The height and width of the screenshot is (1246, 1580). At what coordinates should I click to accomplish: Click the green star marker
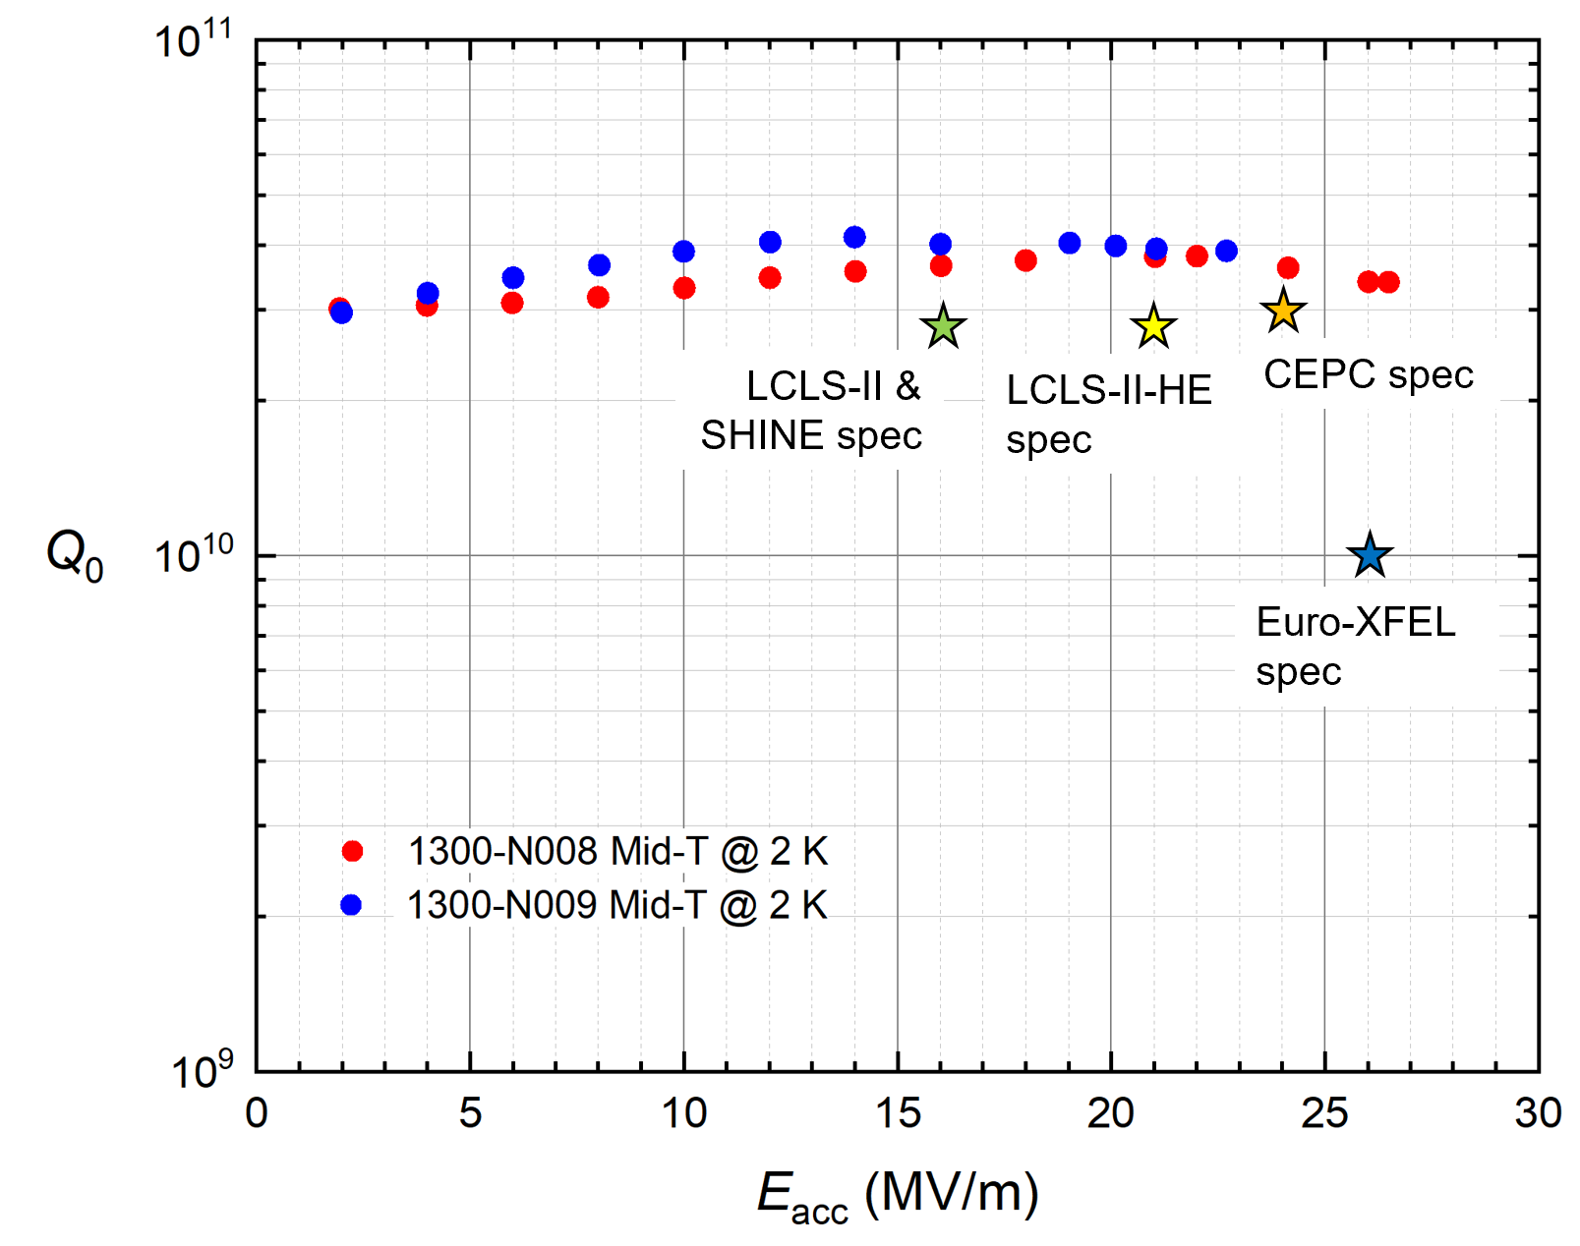point(943,326)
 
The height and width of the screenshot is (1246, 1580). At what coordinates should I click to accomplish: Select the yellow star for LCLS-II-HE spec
point(1152,326)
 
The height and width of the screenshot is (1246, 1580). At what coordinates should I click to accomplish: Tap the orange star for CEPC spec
point(1282,311)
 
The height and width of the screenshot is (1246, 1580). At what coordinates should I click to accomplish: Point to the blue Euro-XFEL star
point(1369,555)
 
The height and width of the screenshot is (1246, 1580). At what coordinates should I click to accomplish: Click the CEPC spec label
point(1368,374)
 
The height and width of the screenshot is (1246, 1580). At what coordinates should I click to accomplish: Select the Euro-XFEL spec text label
point(1355,647)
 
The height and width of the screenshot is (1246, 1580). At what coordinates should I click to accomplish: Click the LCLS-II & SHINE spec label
point(812,411)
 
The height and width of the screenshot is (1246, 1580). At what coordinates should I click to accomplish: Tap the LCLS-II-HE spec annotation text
point(1108,414)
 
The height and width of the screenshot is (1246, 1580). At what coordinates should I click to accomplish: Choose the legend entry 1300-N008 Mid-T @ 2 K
point(616,851)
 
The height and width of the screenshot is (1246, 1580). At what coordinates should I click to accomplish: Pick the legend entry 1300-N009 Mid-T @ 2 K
point(616,905)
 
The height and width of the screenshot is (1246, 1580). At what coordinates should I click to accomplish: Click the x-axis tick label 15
point(897,1113)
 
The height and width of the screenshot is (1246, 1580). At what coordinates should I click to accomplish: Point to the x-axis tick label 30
point(1538,1113)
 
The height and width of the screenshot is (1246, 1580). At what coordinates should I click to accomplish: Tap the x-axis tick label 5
point(470,1113)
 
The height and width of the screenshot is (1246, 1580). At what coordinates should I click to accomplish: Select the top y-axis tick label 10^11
point(194,41)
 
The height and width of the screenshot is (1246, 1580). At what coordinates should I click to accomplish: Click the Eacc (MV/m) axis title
point(897,1195)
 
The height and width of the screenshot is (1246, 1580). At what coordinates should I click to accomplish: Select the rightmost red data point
point(1388,282)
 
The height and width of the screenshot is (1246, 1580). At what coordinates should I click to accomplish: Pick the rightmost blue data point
point(1226,251)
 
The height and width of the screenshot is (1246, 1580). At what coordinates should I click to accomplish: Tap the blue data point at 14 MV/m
point(854,237)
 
